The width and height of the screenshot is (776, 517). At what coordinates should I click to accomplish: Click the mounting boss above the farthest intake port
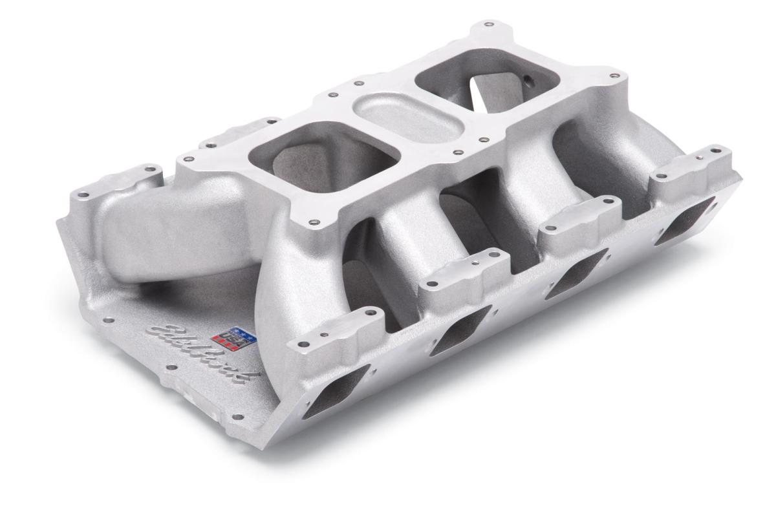tap(692, 165)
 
